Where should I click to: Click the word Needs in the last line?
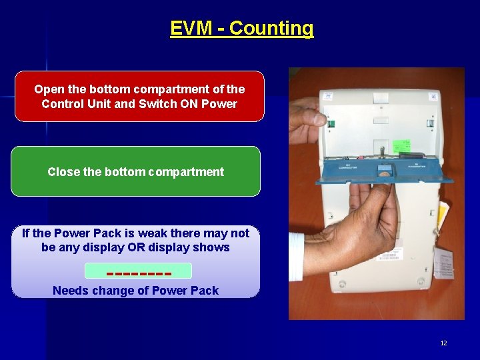click(69, 291)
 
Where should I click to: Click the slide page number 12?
click(443, 343)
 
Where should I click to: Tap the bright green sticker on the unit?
click(401, 146)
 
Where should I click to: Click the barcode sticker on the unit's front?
click(394, 255)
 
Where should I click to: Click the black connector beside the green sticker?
click(416, 154)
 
